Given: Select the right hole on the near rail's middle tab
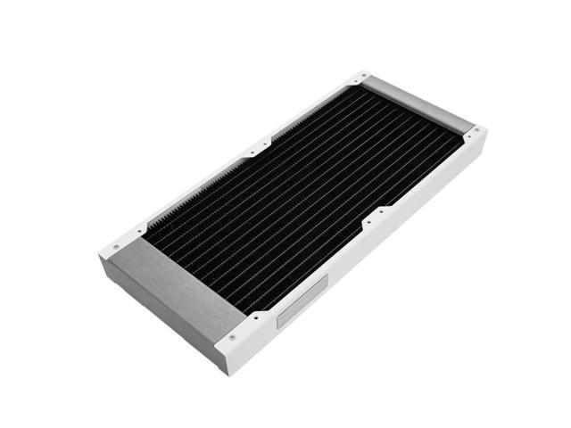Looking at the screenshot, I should [382, 212].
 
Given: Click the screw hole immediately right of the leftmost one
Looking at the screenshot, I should [140, 234].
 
